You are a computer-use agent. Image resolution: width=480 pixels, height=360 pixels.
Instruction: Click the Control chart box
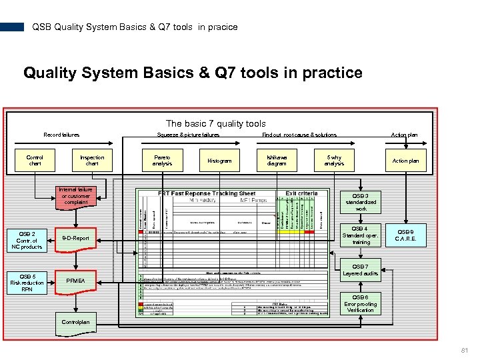(x=35, y=161)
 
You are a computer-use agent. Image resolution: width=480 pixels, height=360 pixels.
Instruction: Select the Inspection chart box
(x=92, y=161)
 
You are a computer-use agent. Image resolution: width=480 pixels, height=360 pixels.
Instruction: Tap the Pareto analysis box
(x=162, y=161)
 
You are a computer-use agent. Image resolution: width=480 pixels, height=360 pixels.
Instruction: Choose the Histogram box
(x=219, y=161)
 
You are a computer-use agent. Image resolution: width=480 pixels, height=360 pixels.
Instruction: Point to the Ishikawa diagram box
(x=277, y=161)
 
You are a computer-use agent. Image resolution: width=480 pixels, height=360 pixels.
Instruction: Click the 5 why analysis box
(x=334, y=161)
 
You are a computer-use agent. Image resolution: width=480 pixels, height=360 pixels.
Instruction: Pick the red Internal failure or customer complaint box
(x=75, y=196)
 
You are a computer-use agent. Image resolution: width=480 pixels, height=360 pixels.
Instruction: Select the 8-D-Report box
(x=75, y=237)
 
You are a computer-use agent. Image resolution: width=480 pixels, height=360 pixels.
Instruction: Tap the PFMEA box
(x=75, y=281)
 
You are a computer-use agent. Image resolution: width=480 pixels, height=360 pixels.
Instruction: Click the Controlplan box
(x=75, y=322)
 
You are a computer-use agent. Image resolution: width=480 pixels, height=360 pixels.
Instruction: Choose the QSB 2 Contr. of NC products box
(x=27, y=240)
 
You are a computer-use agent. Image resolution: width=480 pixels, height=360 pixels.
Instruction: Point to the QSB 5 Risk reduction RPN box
(x=27, y=283)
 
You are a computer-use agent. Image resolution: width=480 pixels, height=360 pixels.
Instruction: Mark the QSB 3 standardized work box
(x=361, y=202)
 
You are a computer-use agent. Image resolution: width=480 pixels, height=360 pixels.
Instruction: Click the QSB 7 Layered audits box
(x=361, y=269)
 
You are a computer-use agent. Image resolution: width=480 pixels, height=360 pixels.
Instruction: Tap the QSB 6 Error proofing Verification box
(x=361, y=304)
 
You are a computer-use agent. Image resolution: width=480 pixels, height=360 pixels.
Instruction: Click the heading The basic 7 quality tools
(x=215, y=123)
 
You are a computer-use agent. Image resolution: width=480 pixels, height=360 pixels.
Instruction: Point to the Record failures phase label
(x=61, y=135)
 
